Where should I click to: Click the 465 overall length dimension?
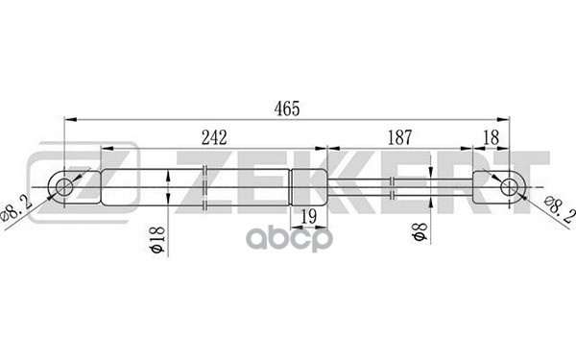click(x=286, y=108)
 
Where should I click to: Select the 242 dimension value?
click(x=213, y=137)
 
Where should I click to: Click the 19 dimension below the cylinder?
click(x=309, y=216)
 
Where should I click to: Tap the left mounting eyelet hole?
click(x=64, y=183)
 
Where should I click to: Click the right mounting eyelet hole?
click(x=508, y=183)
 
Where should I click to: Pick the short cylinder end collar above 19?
click(x=308, y=183)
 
